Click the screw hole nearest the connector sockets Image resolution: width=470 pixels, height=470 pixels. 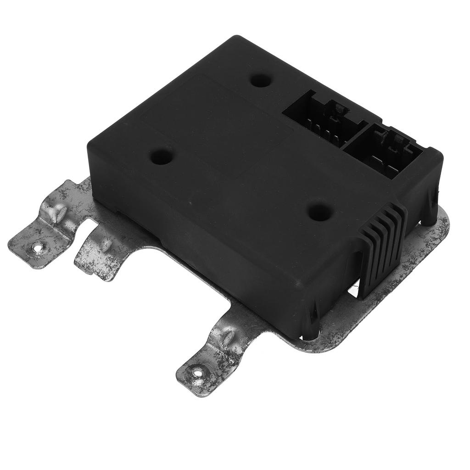click(261, 80)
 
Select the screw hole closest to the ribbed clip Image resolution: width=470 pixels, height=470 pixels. click(320, 212)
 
